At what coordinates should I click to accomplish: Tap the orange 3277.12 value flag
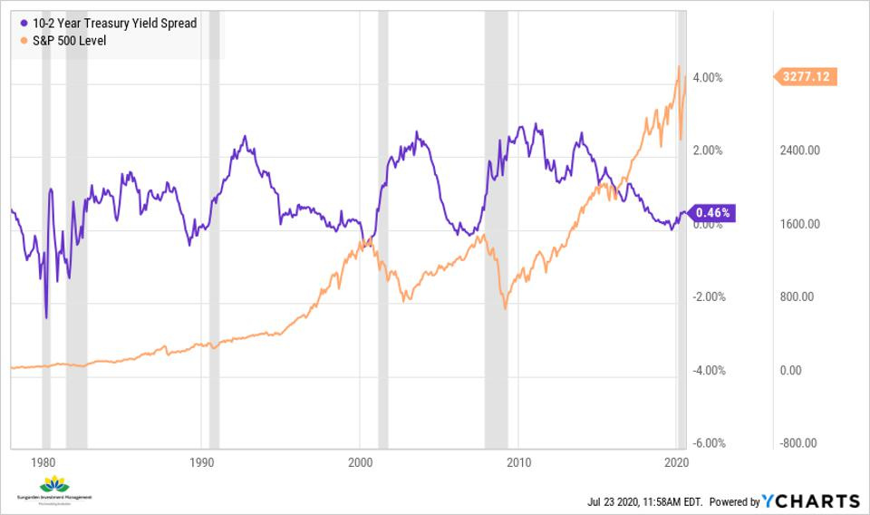coord(806,78)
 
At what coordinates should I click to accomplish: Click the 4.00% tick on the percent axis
coord(707,78)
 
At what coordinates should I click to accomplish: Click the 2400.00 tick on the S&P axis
coord(799,151)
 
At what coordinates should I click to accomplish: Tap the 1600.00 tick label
coord(799,224)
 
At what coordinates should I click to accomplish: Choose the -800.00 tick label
coord(797,443)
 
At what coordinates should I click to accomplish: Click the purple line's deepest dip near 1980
coord(46,317)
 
